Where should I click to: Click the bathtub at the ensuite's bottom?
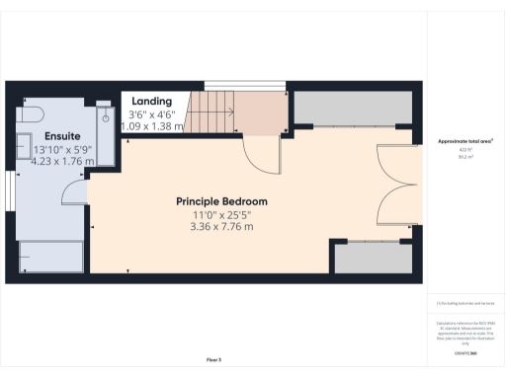[50, 257]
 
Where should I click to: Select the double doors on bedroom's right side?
[393, 188]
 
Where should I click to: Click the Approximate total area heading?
[464, 141]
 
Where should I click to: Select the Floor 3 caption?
[213, 357]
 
